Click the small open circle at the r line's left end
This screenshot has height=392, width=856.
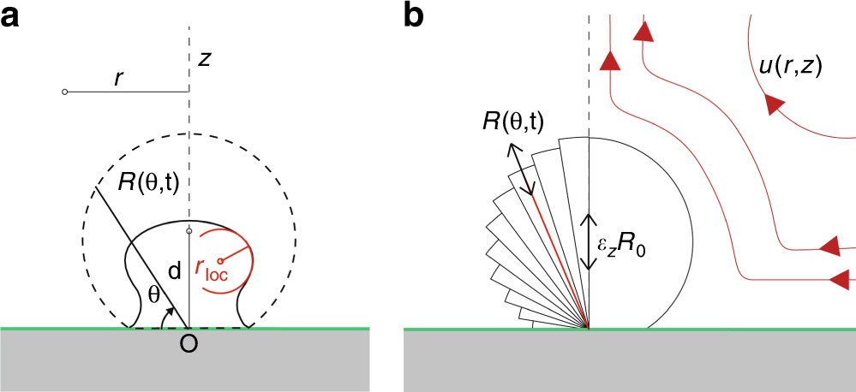coord(65,92)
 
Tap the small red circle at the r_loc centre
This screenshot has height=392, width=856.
coord(221,260)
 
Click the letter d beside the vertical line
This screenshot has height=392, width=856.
coord(173,273)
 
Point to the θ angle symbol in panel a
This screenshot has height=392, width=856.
coord(153,295)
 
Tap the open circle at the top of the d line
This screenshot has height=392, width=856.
coord(189,230)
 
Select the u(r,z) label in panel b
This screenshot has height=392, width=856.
coord(790,68)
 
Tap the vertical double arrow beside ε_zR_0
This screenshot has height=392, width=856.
coord(588,243)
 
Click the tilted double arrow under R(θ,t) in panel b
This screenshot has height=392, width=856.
coord(524,170)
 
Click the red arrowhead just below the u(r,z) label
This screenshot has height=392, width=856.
coord(775,104)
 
